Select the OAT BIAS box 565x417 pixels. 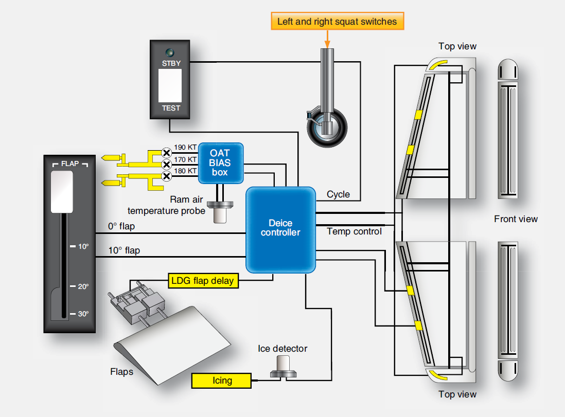(x=220, y=162)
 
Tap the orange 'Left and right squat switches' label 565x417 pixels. (x=337, y=22)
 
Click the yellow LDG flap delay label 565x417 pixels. (x=203, y=280)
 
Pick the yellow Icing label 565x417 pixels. (x=222, y=380)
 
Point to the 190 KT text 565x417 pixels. (x=185, y=148)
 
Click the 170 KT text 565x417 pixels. (x=185, y=159)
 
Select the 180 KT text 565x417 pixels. (x=185, y=171)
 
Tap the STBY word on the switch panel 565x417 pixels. (x=171, y=64)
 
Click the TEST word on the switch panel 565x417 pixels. (x=171, y=108)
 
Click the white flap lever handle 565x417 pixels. (x=62, y=191)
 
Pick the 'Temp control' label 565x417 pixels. (x=354, y=231)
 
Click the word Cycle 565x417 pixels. (x=338, y=194)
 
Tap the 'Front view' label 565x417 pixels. (x=516, y=219)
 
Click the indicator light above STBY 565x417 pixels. (x=169, y=52)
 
